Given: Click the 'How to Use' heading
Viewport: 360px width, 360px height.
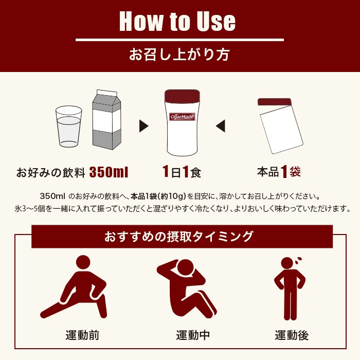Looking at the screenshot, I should click(177, 22).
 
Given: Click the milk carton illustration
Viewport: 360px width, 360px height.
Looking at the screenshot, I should click(106, 121).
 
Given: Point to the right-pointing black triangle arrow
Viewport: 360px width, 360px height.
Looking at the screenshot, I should click(144, 125).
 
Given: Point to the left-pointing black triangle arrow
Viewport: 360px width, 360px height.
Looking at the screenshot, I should click(220, 125).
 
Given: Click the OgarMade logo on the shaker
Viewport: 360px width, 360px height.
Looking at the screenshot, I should click(182, 117).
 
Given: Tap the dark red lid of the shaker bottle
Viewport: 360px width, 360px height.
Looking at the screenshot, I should click(182, 97).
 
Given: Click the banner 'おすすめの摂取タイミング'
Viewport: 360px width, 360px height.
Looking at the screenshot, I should click(179, 237).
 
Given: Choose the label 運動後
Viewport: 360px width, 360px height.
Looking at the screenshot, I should click(292, 335).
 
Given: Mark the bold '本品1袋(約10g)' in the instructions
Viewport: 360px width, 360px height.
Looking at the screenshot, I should click(159, 196).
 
